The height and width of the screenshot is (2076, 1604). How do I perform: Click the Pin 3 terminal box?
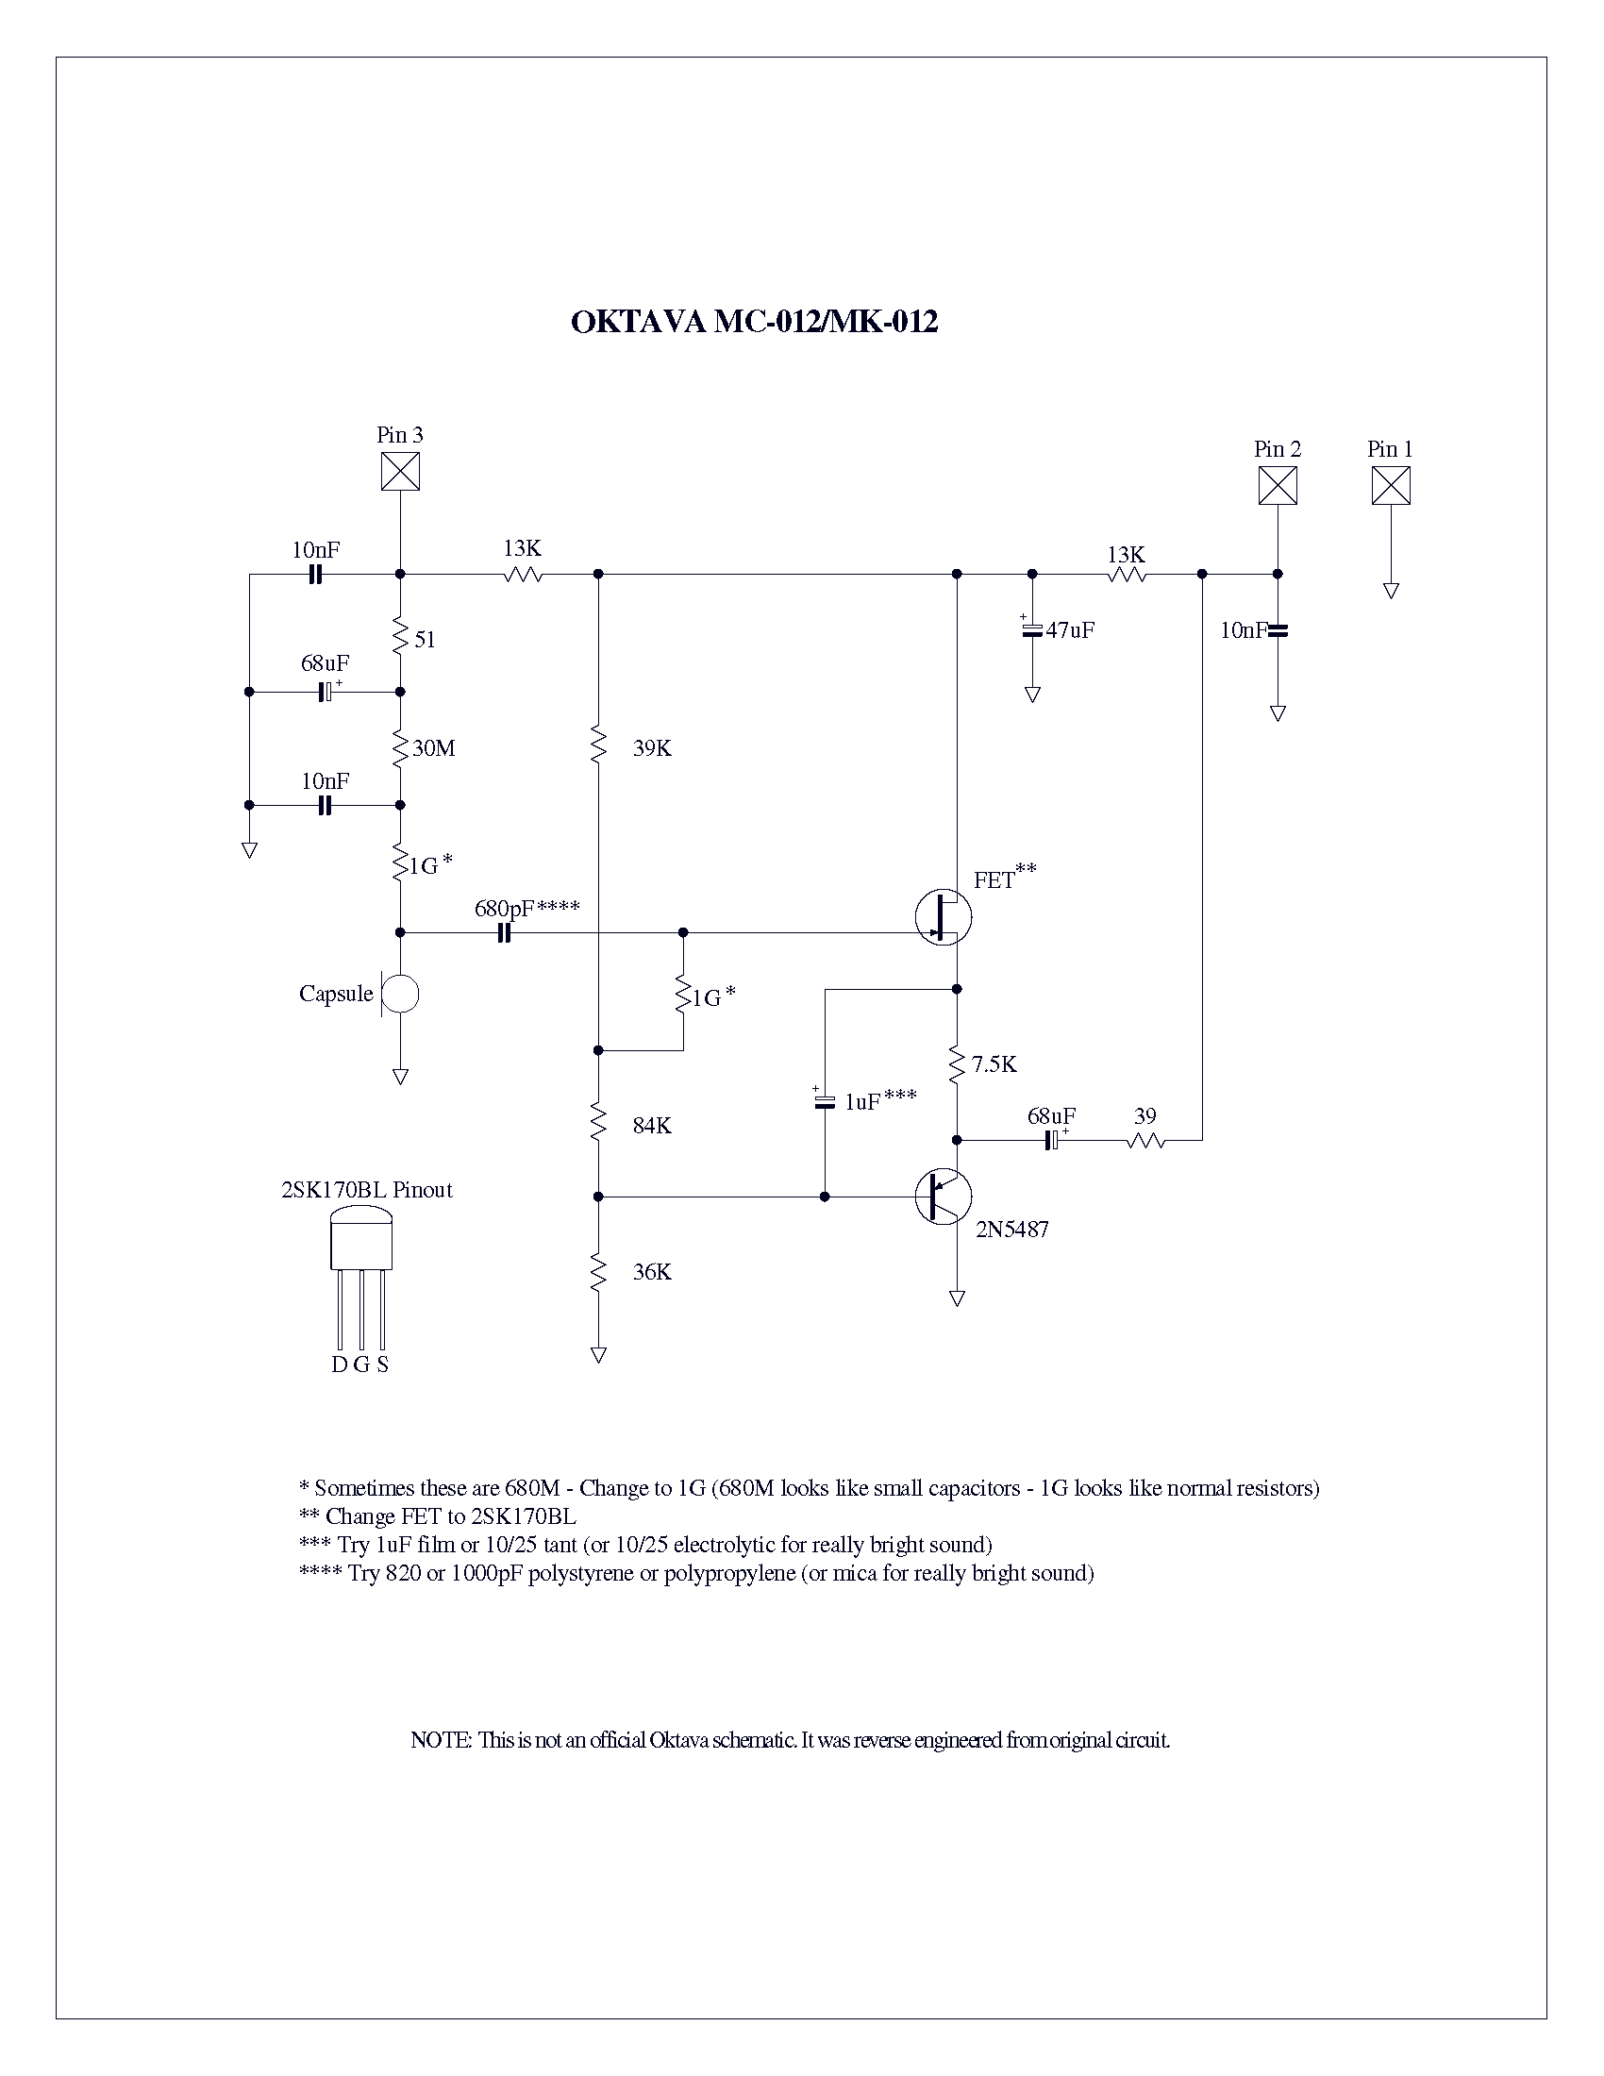pyautogui.click(x=400, y=472)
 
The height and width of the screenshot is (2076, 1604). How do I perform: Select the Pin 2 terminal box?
pyautogui.click(x=1278, y=486)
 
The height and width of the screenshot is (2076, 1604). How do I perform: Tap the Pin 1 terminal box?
pyautogui.click(x=1390, y=486)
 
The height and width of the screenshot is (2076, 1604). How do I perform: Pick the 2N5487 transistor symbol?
pyautogui.click(x=944, y=1197)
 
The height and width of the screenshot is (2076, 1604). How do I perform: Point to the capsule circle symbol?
pyautogui.click(x=400, y=995)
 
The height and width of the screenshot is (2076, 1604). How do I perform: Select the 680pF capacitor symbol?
pyautogui.click(x=505, y=933)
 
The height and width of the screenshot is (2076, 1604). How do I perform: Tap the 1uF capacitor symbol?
pyautogui.click(x=824, y=1102)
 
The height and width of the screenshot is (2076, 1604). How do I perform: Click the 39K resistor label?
pyautogui.click(x=652, y=749)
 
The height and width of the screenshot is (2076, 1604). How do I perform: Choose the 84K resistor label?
pyautogui.click(x=652, y=1127)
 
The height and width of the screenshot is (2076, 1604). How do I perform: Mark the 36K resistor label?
pyautogui.click(x=652, y=1273)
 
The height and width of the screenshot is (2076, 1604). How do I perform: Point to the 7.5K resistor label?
pyautogui.click(x=994, y=1064)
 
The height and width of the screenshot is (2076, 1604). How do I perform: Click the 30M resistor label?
pyautogui.click(x=433, y=749)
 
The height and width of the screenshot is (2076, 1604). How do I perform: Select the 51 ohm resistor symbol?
pyautogui.click(x=400, y=634)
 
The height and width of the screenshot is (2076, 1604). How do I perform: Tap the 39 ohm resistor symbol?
pyautogui.click(x=1145, y=1140)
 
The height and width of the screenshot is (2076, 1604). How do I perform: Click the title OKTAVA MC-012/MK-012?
pyautogui.click(x=754, y=322)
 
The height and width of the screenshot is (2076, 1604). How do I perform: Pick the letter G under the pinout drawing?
pyautogui.click(x=361, y=1365)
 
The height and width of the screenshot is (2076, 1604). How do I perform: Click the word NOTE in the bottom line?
pyautogui.click(x=440, y=1740)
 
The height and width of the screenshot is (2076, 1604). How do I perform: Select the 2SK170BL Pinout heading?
pyautogui.click(x=367, y=1190)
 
